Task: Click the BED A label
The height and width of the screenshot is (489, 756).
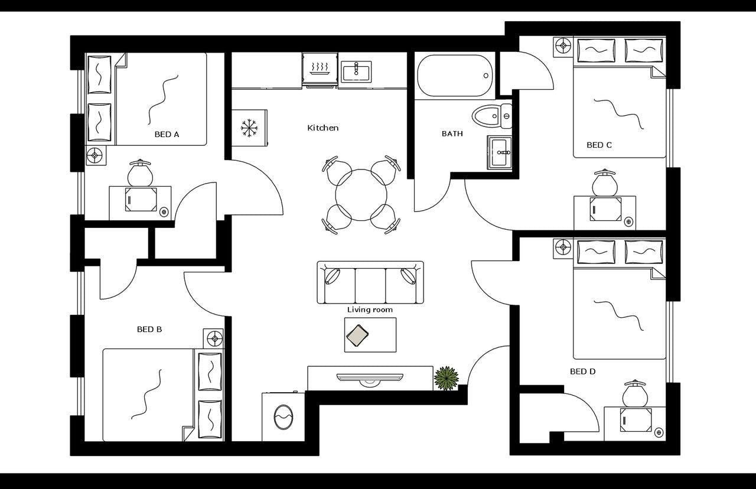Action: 167,135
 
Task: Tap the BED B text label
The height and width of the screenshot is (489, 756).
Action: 149,330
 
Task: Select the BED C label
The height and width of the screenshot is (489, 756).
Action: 599,145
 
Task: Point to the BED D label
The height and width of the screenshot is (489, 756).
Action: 582,371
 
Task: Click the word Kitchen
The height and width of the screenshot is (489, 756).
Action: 323,128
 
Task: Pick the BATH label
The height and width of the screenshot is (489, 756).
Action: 452,134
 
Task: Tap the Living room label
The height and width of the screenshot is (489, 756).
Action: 370,310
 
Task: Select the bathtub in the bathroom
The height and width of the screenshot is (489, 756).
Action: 455,76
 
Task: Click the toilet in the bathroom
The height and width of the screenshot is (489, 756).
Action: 491,116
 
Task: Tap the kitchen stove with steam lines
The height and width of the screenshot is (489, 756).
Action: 320,70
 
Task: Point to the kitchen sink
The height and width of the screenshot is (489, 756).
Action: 356,72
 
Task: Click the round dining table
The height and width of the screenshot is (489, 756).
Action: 361,195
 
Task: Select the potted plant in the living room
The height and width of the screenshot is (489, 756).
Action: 447,378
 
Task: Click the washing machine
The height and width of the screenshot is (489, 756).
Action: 283,417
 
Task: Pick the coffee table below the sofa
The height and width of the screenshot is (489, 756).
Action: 370,335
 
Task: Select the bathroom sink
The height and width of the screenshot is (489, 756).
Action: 500,153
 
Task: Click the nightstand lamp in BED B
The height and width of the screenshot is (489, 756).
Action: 214,338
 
